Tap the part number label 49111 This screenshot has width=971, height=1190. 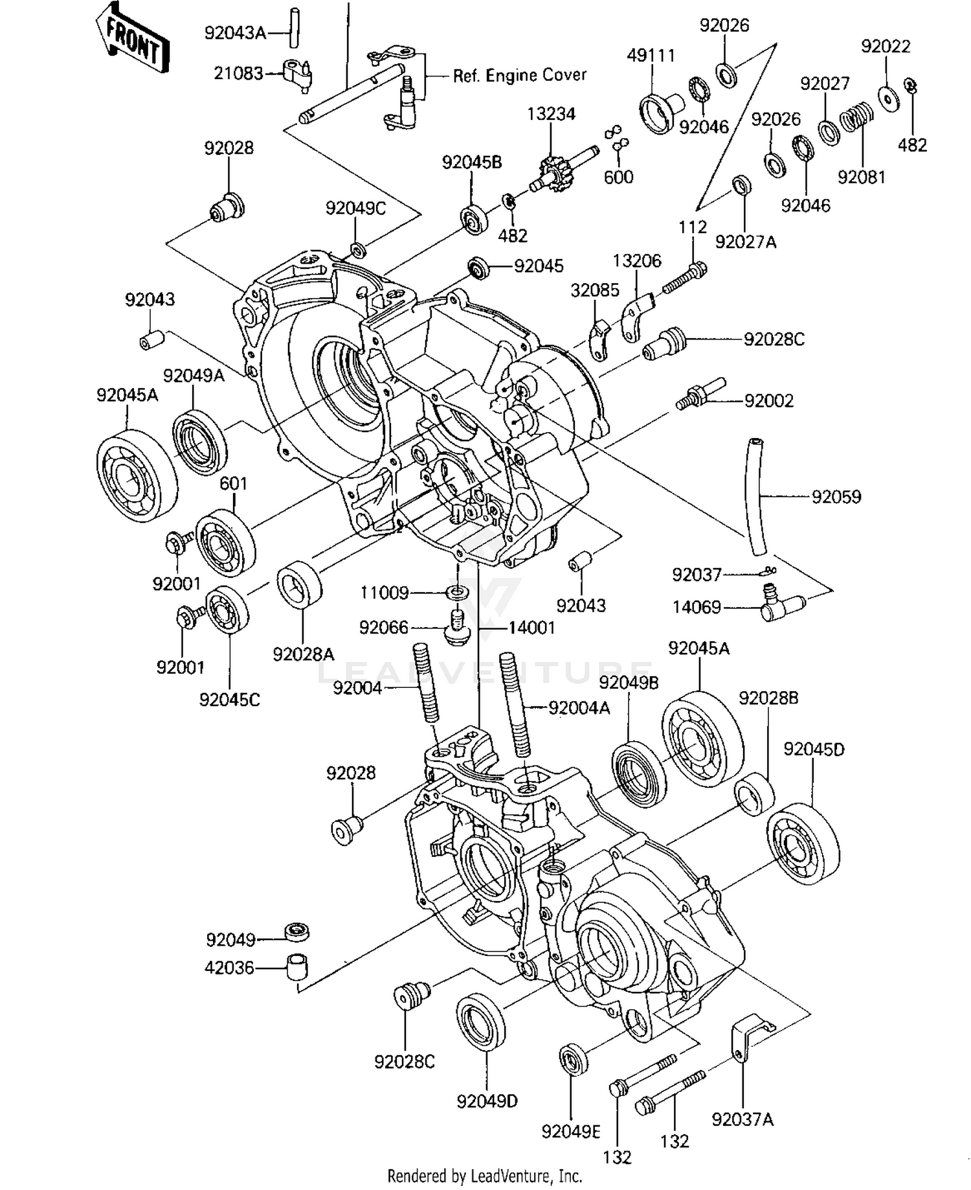tap(651, 56)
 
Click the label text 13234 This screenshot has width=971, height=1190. tap(551, 114)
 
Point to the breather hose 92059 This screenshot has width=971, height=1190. tap(758, 497)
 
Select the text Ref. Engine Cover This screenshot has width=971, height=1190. tap(519, 76)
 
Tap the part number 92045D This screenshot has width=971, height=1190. tap(813, 749)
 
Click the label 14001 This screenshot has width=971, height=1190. tap(531, 628)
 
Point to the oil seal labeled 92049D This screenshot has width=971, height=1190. tap(480, 1024)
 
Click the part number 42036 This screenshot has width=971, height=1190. tap(229, 968)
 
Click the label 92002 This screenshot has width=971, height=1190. tap(768, 401)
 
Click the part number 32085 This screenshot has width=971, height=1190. tap(594, 291)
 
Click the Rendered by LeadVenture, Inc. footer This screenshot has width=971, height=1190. tap(485, 1176)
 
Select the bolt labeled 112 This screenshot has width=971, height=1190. tap(684, 277)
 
